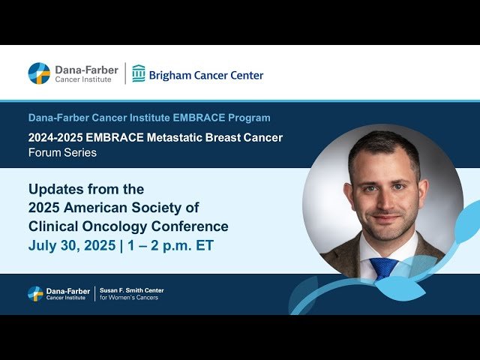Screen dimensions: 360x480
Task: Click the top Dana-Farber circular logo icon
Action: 39,73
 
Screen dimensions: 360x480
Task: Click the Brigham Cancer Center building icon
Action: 139,73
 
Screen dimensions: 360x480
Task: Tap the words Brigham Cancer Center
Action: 206,75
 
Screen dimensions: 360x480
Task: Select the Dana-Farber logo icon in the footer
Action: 35,293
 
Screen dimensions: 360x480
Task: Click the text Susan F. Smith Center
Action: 131,290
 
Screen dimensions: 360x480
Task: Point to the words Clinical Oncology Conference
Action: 128,226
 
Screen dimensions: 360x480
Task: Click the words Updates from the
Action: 86,189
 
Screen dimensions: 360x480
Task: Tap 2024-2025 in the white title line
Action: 56,138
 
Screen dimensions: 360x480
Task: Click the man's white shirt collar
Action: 369,251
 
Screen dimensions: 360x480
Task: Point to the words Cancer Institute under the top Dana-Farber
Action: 82,79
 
